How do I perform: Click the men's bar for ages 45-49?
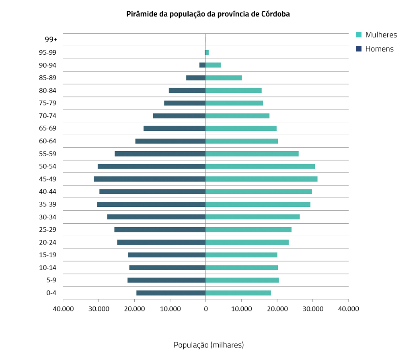[x=150, y=179]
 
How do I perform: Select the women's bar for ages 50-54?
[x=260, y=166]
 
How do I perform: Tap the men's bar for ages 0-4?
[x=171, y=293]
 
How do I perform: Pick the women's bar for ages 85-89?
[x=224, y=78]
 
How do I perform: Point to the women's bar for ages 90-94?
[x=213, y=65]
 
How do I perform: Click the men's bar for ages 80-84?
[x=187, y=91]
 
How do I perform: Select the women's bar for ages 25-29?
[x=249, y=230]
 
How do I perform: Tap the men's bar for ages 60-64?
[x=170, y=141]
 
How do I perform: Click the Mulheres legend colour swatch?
[x=359, y=35]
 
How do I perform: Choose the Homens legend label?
[x=379, y=49]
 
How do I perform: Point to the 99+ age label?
[x=51, y=39]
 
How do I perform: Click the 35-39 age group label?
[x=47, y=204]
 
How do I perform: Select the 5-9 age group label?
[x=51, y=280]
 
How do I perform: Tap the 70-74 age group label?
[x=47, y=116]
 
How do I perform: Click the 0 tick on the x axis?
[x=205, y=309]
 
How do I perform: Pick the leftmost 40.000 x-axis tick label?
[x=63, y=309]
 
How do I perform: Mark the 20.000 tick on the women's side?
[x=277, y=309]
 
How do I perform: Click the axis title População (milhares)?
[x=209, y=345]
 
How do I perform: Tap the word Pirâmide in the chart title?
[x=140, y=14]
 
